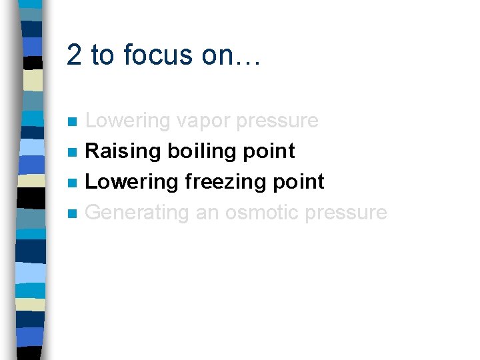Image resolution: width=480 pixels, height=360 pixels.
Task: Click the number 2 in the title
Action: [74, 55]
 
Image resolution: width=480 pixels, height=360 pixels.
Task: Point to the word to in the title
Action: [103, 55]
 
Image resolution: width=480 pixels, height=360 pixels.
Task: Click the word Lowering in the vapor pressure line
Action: [128, 121]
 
